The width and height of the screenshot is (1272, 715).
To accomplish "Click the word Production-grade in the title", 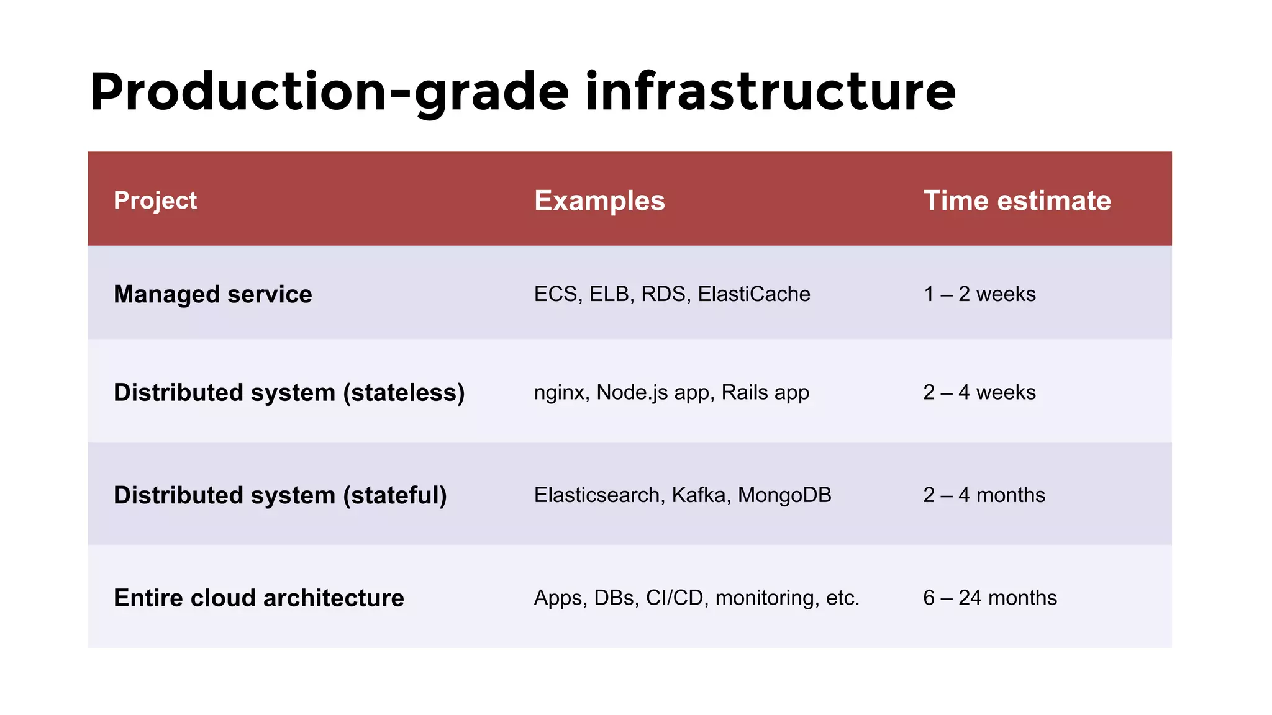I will [x=329, y=92].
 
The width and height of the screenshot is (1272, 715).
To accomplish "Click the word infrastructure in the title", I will [x=770, y=92].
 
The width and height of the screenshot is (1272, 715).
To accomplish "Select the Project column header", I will [x=155, y=200].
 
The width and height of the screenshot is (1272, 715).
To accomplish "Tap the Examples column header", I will [x=599, y=200].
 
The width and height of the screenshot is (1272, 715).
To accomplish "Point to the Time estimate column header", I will [x=1017, y=200].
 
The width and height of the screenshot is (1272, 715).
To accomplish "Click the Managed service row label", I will [x=212, y=294].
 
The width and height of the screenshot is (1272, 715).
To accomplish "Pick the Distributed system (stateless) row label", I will [x=289, y=392].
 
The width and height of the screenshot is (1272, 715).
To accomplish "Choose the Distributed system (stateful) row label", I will [x=280, y=495].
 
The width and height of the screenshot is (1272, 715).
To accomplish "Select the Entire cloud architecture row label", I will [x=258, y=598].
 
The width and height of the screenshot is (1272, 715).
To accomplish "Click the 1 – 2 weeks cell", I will [x=979, y=294].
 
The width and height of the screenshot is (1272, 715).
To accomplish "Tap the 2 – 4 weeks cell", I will [x=979, y=392].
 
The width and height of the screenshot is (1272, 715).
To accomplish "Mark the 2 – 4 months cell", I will [x=984, y=495].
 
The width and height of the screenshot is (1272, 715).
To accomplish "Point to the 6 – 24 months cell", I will [x=990, y=598].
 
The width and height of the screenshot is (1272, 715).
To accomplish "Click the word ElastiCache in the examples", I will [x=753, y=294].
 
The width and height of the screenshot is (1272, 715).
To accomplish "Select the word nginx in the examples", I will [x=559, y=393].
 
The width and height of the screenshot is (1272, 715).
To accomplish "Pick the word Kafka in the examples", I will [x=701, y=495].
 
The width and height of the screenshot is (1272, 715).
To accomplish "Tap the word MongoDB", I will [x=784, y=495].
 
